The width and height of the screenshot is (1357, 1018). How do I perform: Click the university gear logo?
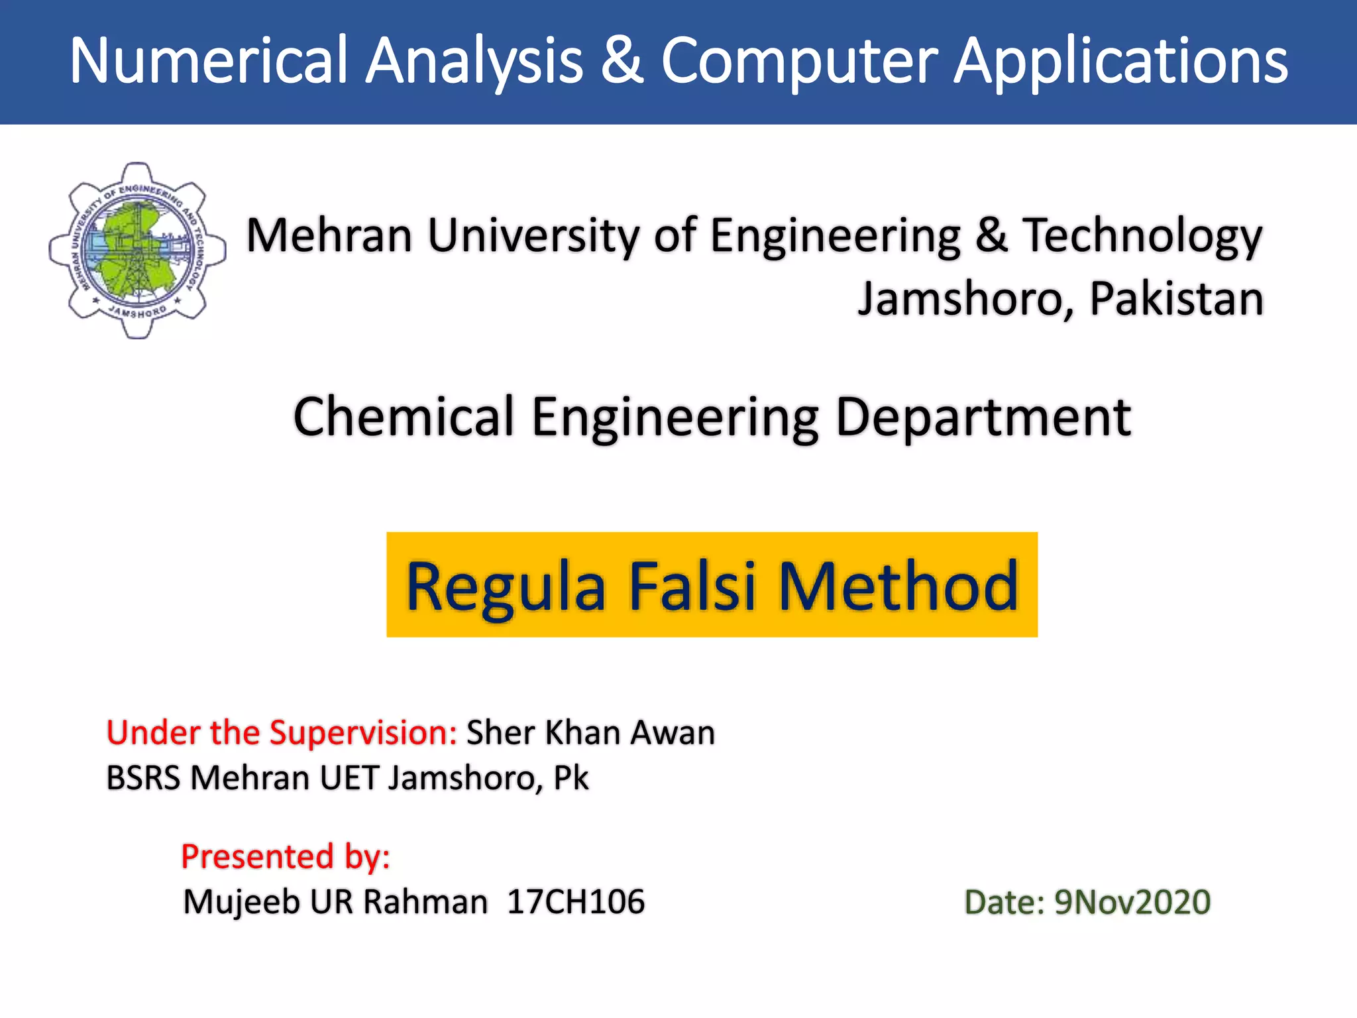pos(137,251)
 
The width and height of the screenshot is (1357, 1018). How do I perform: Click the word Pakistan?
pos(1176,299)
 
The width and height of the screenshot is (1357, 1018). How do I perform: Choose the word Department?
pos(983,418)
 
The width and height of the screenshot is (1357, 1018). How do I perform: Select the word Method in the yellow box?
pos(898,585)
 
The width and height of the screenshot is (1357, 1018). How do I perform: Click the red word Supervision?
pos(363,733)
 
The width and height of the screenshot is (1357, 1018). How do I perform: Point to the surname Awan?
pos(673,733)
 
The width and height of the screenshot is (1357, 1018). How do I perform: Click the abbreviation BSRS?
pos(143,778)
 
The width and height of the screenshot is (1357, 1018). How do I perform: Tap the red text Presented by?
pos(286,857)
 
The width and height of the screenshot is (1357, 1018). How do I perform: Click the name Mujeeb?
pos(241,903)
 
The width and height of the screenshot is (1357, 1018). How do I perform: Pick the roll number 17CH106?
pos(576,902)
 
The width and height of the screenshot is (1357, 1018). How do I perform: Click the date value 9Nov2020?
pos(1132,903)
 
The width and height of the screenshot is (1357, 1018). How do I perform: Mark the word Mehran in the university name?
pos(329,235)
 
